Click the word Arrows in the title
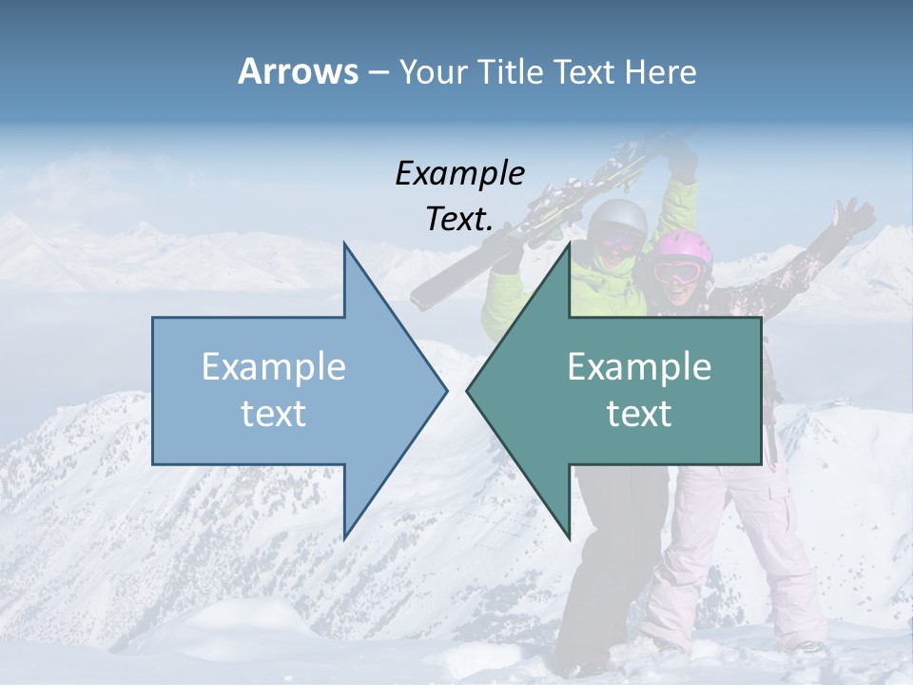click(298, 71)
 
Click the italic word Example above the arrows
click(459, 174)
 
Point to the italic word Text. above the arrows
click(459, 219)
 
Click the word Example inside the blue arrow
click(274, 367)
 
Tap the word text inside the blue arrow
click(274, 414)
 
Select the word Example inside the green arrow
click(639, 367)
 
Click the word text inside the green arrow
click(639, 414)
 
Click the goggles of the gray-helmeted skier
click(615, 244)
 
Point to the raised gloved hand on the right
click(854, 218)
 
